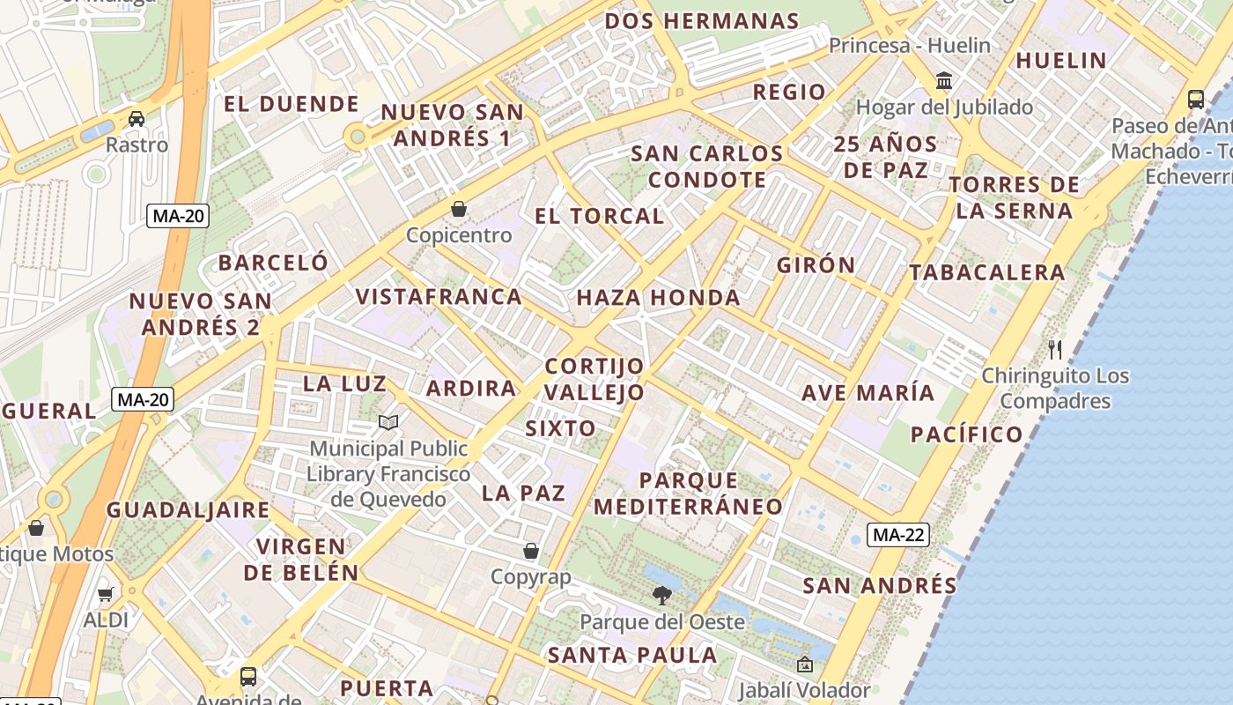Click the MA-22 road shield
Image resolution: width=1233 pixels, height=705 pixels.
tap(898, 534)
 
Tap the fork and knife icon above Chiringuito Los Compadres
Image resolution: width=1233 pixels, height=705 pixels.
tap(1055, 349)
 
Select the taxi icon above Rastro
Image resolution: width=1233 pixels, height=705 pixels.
tap(137, 118)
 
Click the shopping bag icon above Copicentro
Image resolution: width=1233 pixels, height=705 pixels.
tap(458, 209)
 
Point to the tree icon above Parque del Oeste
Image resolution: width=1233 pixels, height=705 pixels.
tap(661, 596)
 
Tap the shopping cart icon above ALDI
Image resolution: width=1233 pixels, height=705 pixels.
tap(106, 594)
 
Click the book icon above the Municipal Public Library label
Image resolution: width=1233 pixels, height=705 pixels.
tap(388, 422)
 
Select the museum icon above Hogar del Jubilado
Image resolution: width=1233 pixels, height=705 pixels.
tap(944, 81)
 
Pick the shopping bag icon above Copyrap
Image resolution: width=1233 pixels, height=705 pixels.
tap(530, 551)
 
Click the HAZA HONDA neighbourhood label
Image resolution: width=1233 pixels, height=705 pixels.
tap(658, 298)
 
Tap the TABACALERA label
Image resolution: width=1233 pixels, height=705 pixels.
tap(987, 272)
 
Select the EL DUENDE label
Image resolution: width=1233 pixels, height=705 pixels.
tap(291, 104)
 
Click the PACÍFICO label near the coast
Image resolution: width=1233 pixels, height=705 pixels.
tap(966, 434)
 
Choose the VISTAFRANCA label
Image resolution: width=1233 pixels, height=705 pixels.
tap(439, 296)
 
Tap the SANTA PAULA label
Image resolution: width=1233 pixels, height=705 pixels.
tap(631, 655)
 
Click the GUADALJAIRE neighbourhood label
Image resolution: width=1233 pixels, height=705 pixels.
tap(188, 509)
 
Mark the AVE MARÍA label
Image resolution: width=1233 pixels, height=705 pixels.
tap(868, 392)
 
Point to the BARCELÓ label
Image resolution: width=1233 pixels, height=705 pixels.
tap(273, 263)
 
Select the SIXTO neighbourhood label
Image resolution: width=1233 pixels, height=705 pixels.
tap(560, 428)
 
